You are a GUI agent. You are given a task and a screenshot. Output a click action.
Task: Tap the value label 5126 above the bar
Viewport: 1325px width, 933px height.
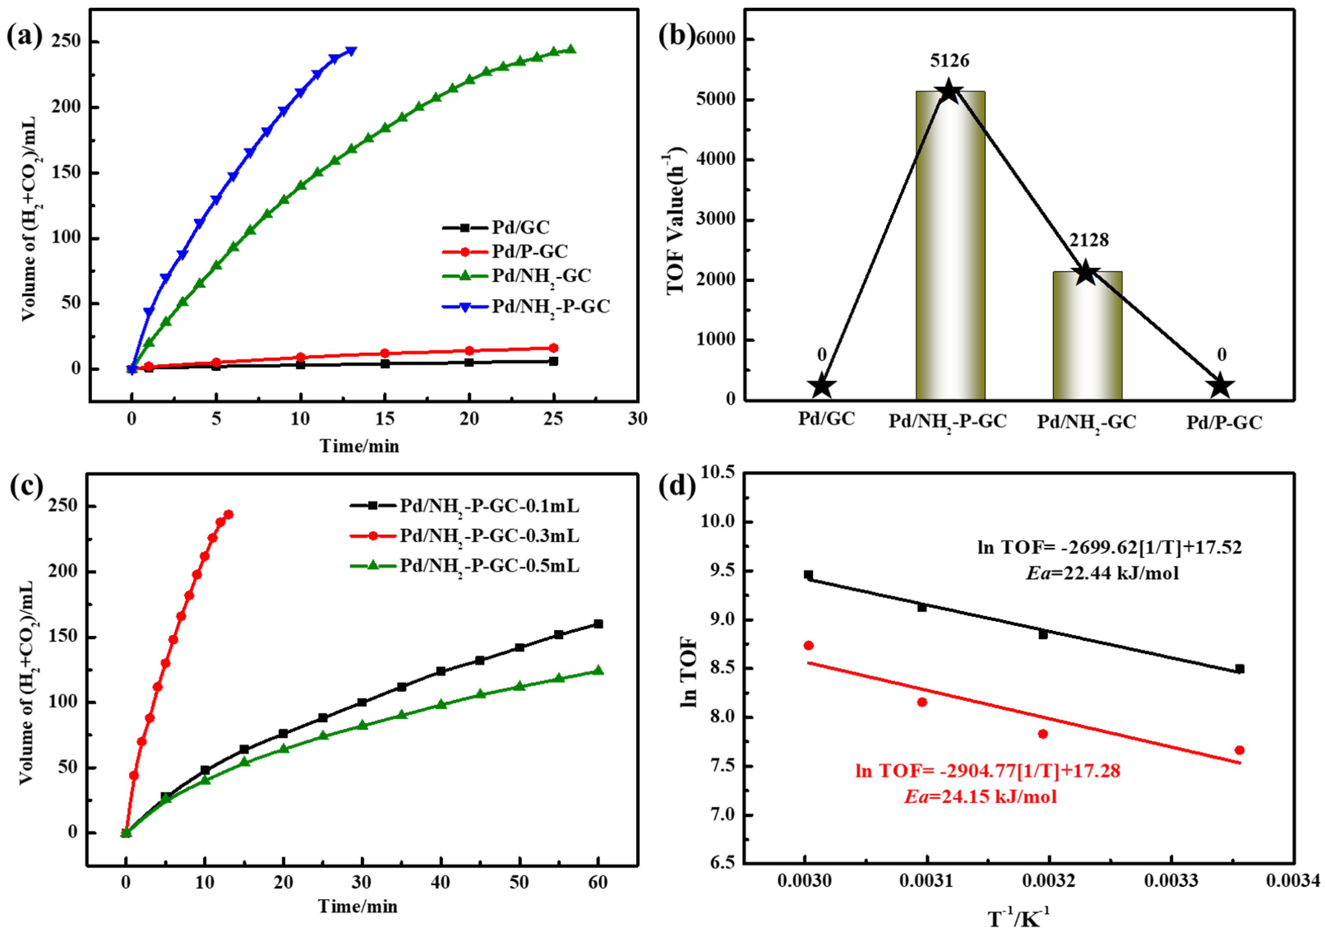click(x=949, y=60)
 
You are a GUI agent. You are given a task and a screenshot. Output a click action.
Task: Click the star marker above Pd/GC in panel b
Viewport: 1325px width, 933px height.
click(x=822, y=386)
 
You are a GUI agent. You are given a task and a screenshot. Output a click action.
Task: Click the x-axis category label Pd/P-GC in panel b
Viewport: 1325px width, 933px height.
click(x=1224, y=423)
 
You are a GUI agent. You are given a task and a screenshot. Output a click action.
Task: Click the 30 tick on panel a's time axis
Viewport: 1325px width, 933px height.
click(x=637, y=419)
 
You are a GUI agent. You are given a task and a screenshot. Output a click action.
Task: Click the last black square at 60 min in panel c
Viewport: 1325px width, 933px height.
click(x=598, y=624)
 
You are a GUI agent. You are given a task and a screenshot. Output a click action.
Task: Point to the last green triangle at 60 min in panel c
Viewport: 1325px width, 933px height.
click(x=598, y=670)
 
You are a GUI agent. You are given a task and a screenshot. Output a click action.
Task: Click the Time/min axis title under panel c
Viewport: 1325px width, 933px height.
click(x=358, y=906)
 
